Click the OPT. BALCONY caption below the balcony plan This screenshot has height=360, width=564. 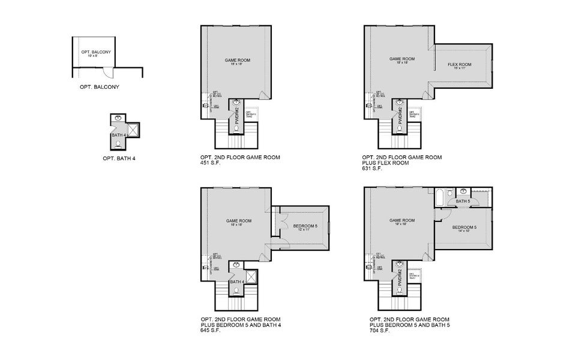(100, 87)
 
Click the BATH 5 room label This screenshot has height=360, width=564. (463, 201)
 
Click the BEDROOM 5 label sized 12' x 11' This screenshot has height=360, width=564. (305, 226)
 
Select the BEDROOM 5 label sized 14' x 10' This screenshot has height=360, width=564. (464, 227)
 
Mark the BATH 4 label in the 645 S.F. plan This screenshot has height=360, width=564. (237, 281)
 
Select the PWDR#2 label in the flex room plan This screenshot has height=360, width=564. (400, 113)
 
